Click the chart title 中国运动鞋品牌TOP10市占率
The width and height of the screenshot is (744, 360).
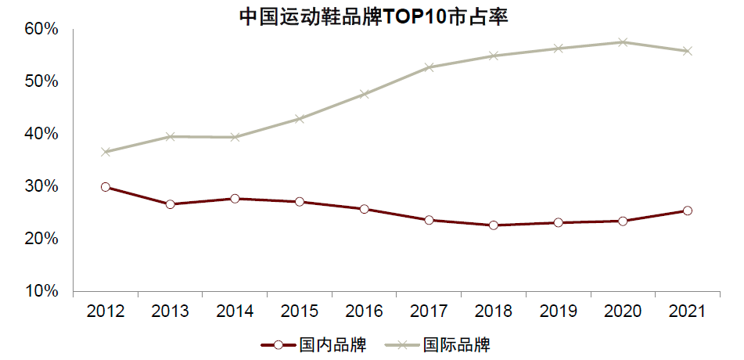tap(372, 16)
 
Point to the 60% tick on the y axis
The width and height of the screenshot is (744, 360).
tap(41, 29)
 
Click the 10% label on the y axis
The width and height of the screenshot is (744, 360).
tap(41, 291)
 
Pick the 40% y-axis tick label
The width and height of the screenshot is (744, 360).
tap(41, 134)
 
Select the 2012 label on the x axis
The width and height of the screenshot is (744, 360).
tap(106, 311)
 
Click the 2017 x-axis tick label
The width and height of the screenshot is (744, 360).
tap(429, 311)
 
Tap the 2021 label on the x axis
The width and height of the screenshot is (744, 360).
tap(688, 311)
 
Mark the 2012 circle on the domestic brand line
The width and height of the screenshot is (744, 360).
tap(106, 187)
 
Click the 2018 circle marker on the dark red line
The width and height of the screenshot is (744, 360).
tap(494, 225)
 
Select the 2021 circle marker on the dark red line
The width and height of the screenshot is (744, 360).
tap(688, 211)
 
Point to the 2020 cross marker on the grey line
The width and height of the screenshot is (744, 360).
tap(623, 42)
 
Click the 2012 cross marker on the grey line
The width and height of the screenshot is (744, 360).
tap(106, 152)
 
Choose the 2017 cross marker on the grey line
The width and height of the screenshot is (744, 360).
tap(429, 67)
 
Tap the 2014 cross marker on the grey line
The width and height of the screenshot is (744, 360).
tap(235, 137)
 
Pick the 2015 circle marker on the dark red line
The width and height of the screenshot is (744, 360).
tap(300, 202)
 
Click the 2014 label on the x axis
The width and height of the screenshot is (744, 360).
tap(235, 311)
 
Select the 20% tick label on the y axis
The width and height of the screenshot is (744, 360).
tap(41, 239)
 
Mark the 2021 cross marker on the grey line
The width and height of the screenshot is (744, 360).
tap(688, 51)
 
